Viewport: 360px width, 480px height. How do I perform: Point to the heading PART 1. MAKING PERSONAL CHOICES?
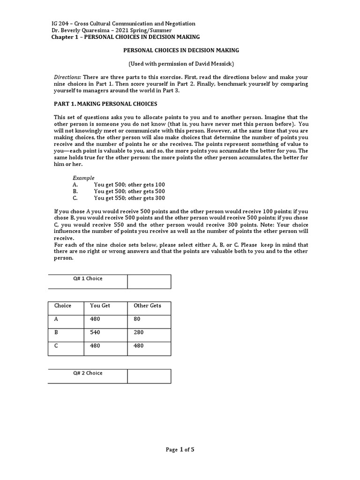click(105, 104)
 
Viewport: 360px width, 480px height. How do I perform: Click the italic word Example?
click(83, 178)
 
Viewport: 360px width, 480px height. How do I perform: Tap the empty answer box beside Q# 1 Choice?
click(149, 282)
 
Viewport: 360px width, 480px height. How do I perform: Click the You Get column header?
click(100, 306)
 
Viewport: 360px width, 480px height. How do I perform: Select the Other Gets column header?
click(147, 306)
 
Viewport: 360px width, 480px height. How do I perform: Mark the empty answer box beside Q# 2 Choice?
click(149, 376)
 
